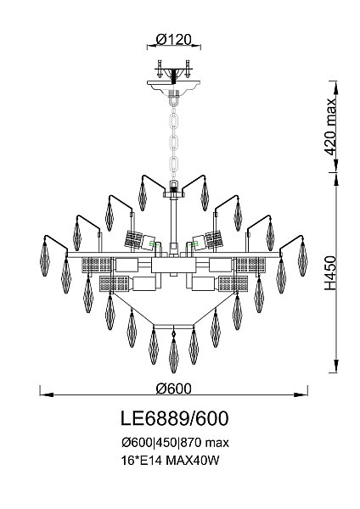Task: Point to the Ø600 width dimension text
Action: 174,389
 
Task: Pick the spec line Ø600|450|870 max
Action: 175,443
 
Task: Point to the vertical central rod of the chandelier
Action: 175,221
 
